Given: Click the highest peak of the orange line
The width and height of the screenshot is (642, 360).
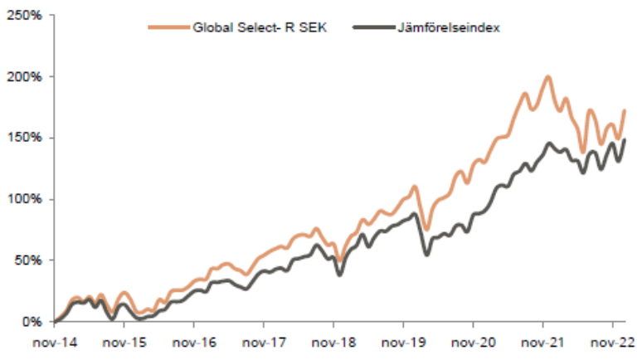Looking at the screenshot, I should [x=547, y=77].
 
